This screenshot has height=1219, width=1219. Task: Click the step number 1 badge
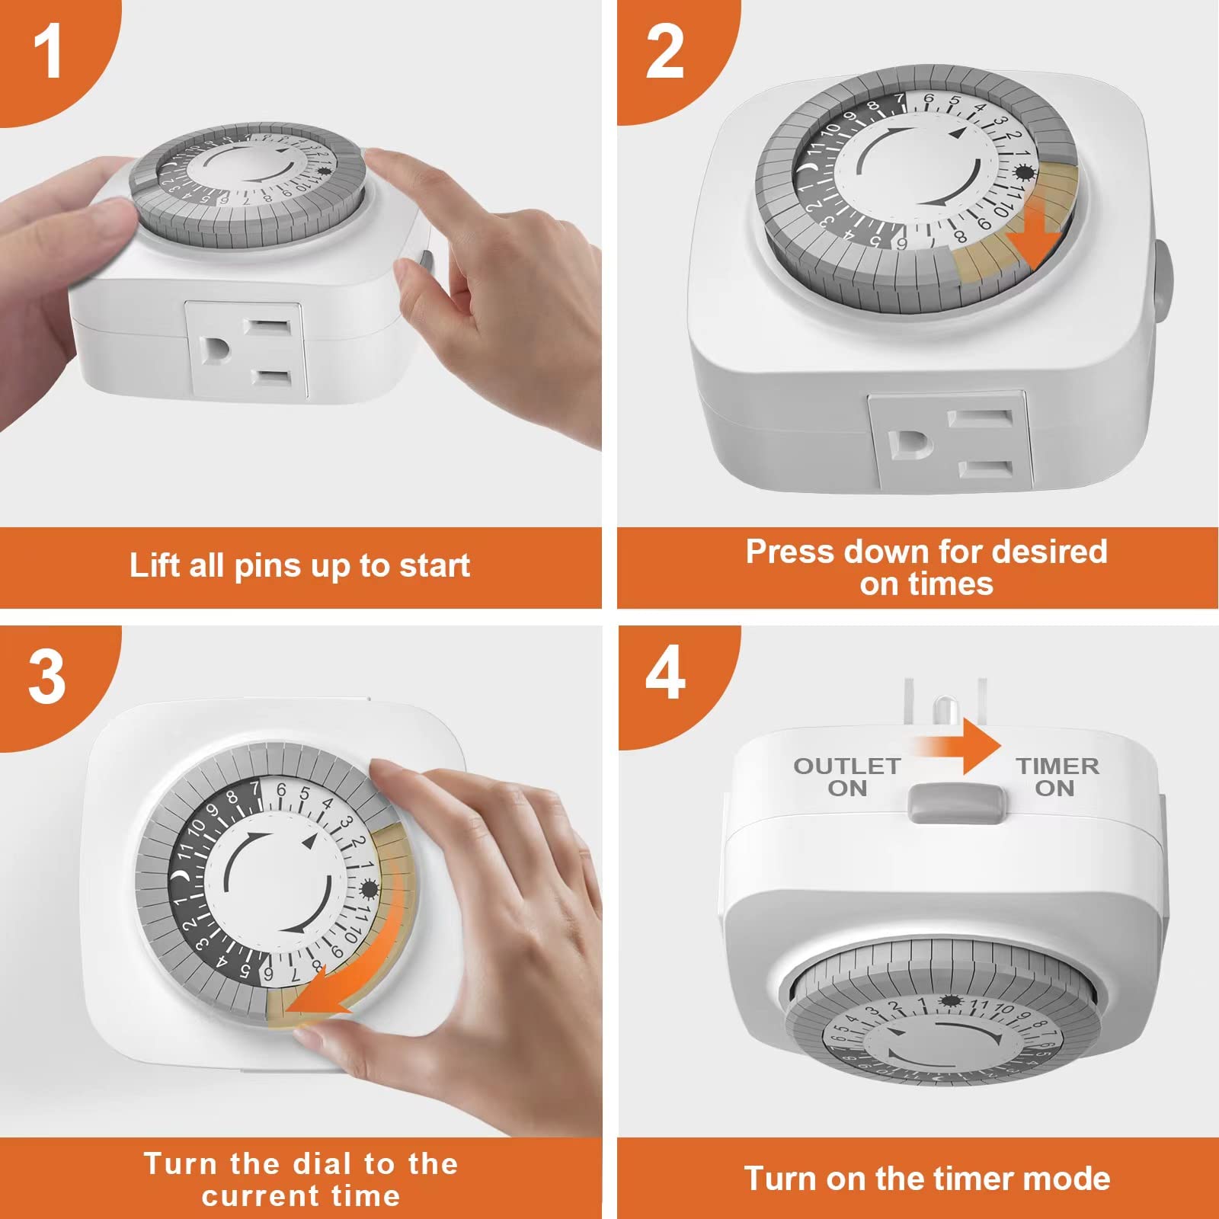point(47,52)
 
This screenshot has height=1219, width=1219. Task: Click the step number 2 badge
point(664,52)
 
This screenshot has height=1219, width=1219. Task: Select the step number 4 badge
point(664,673)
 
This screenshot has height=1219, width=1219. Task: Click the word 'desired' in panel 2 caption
point(1055,552)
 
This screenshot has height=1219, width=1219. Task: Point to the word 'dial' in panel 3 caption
point(324,1164)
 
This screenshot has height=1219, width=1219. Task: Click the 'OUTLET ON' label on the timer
point(847,777)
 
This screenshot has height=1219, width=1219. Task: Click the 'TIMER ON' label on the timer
point(1057,777)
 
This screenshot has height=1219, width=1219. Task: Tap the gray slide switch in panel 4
point(958,803)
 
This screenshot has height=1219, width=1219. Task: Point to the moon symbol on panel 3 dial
point(181,878)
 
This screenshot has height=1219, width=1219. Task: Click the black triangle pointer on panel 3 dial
point(308,842)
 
